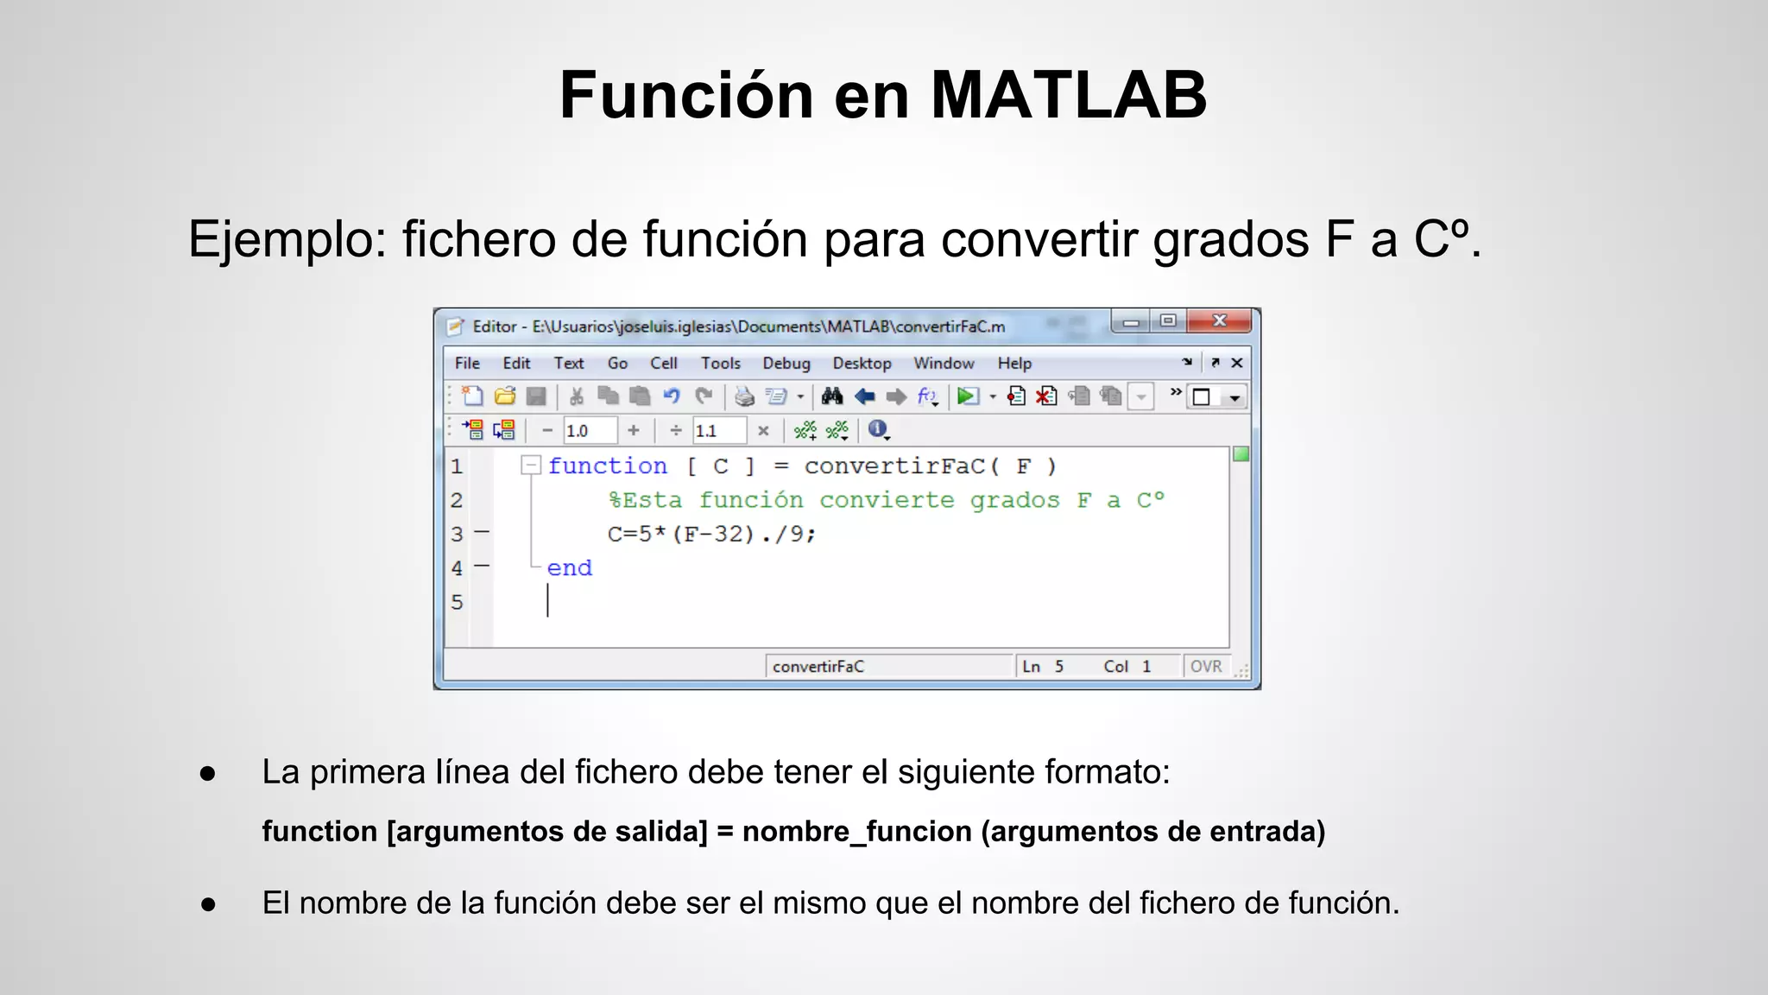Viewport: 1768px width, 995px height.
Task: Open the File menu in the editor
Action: (467, 364)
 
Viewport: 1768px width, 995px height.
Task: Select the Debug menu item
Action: (786, 364)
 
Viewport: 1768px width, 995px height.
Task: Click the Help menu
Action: (1014, 364)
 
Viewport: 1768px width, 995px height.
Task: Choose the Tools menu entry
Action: (720, 364)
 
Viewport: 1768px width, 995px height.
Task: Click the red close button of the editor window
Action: (1219, 321)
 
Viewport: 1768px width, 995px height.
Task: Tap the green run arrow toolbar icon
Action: (968, 396)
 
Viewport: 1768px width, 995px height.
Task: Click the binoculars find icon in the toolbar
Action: (832, 396)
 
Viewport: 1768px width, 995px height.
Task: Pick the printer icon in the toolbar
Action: (743, 396)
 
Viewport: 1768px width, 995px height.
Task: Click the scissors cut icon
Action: (577, 396)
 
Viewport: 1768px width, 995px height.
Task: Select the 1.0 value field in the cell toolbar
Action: (590, 430)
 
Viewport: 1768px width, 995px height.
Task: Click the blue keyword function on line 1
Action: (607, 466)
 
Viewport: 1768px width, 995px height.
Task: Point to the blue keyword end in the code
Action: (570, 568)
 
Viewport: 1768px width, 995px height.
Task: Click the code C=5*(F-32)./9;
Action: (711, 535)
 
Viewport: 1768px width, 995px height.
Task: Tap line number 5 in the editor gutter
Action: (457, 602)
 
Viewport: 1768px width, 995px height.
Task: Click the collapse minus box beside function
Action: (531, 466)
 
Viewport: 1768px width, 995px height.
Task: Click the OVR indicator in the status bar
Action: (1206, 667)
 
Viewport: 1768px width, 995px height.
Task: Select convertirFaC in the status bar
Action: (818, 667)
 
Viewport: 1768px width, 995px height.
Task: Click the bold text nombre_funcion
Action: (857, 831)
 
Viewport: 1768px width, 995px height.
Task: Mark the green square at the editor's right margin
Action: (1241, 454)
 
